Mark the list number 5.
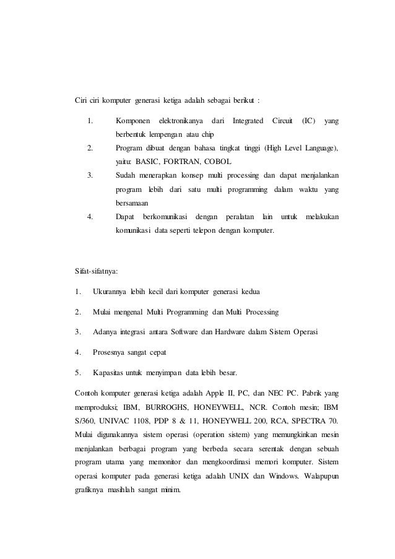point(76,373)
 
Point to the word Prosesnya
point(110,352)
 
